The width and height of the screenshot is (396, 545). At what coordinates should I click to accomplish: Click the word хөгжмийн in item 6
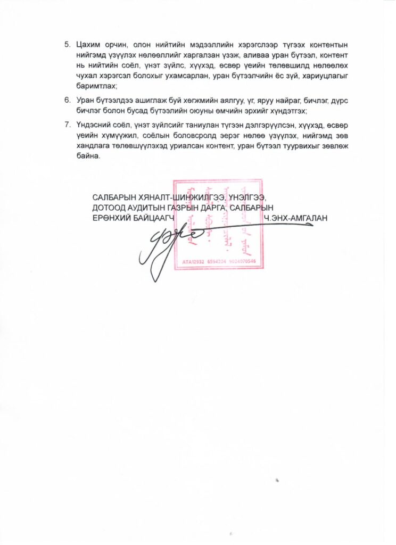(x=189, y=100)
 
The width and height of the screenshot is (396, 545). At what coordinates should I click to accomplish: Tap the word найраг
(x=263, y=100)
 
